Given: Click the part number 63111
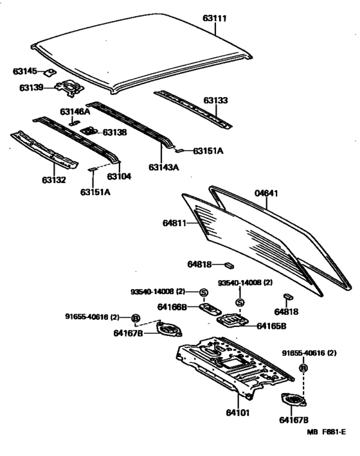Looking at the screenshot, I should (215, 18).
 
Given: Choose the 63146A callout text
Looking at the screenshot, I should (76, 111).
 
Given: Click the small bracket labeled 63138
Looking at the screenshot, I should (89, 131).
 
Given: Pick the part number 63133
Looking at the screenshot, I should (215, 101).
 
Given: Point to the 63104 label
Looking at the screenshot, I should (119, 176).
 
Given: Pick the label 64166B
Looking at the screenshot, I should (172, 307).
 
